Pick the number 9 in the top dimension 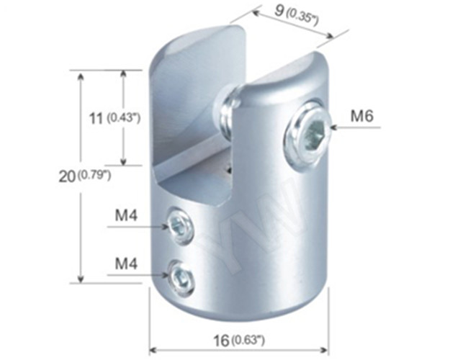[x=279, y=12]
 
